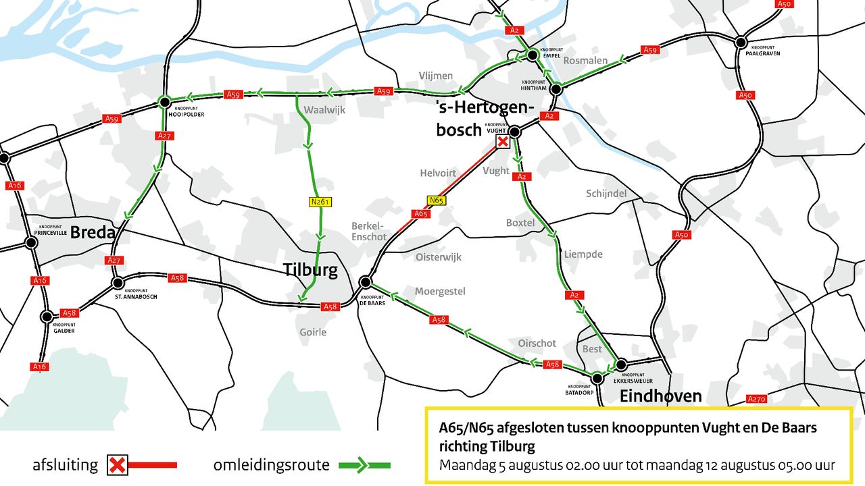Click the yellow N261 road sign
[321, 201]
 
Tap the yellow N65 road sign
[437, 200]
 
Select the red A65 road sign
[421, 214]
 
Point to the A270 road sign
[757, 399]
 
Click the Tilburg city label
[311, 270]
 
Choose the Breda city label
[93, 232]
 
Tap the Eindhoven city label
[660, 396]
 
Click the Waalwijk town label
[324, 109]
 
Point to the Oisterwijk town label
[438, 257]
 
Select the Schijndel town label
[606, 194]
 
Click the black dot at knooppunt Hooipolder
[164, 102]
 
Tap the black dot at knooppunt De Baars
[366, 281]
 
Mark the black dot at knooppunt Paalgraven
[742, 42]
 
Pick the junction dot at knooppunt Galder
[47, 316]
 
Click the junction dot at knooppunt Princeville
[30, 242]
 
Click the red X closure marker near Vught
[503, 141]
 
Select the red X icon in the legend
[118, 465]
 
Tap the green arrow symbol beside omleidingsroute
[364, 465]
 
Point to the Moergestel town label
[440, 291]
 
